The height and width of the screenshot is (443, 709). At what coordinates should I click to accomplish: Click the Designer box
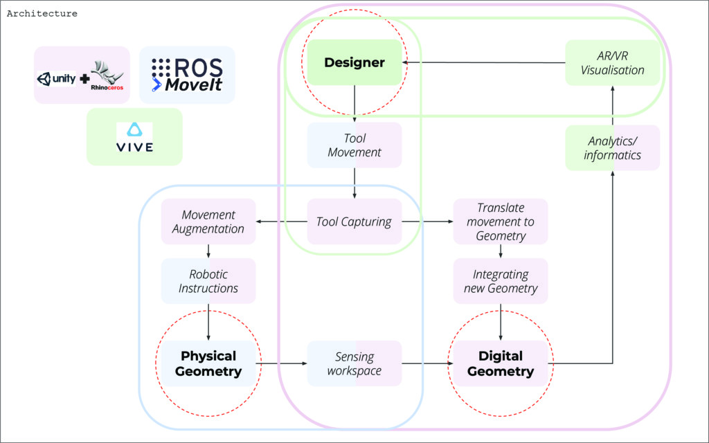click(354, 62)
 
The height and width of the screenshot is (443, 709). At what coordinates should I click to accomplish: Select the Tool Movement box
click(354, 145)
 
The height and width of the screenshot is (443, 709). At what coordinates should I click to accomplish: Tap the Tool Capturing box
click(354, 221)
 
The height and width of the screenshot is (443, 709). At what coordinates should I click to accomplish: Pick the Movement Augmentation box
click(208, 221)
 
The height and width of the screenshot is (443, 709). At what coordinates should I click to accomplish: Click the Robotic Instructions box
click(208, 281)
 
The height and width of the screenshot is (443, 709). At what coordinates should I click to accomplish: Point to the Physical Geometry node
click(208, 363)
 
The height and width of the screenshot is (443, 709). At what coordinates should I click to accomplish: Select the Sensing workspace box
click(354, 363)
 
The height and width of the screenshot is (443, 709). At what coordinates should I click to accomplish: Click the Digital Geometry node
click(501, 363)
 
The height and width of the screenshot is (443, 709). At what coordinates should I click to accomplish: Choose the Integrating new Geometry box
click(501, 281)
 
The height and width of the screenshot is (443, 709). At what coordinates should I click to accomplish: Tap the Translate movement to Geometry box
click(501, 221)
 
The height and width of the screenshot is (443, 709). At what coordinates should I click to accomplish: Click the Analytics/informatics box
click(613, 148)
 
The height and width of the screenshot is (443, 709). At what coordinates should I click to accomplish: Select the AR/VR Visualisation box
click(613, 63)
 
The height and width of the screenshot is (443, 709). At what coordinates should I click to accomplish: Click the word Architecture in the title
click(42, 13)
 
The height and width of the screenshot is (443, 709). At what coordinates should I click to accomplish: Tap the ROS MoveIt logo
click(187, 75)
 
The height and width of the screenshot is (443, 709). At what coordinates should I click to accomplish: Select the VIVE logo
click(134, 137)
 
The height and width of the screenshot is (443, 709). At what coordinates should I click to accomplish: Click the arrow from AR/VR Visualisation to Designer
click(485, 62)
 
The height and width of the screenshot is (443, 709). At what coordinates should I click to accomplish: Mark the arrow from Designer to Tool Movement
click(354, 104)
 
